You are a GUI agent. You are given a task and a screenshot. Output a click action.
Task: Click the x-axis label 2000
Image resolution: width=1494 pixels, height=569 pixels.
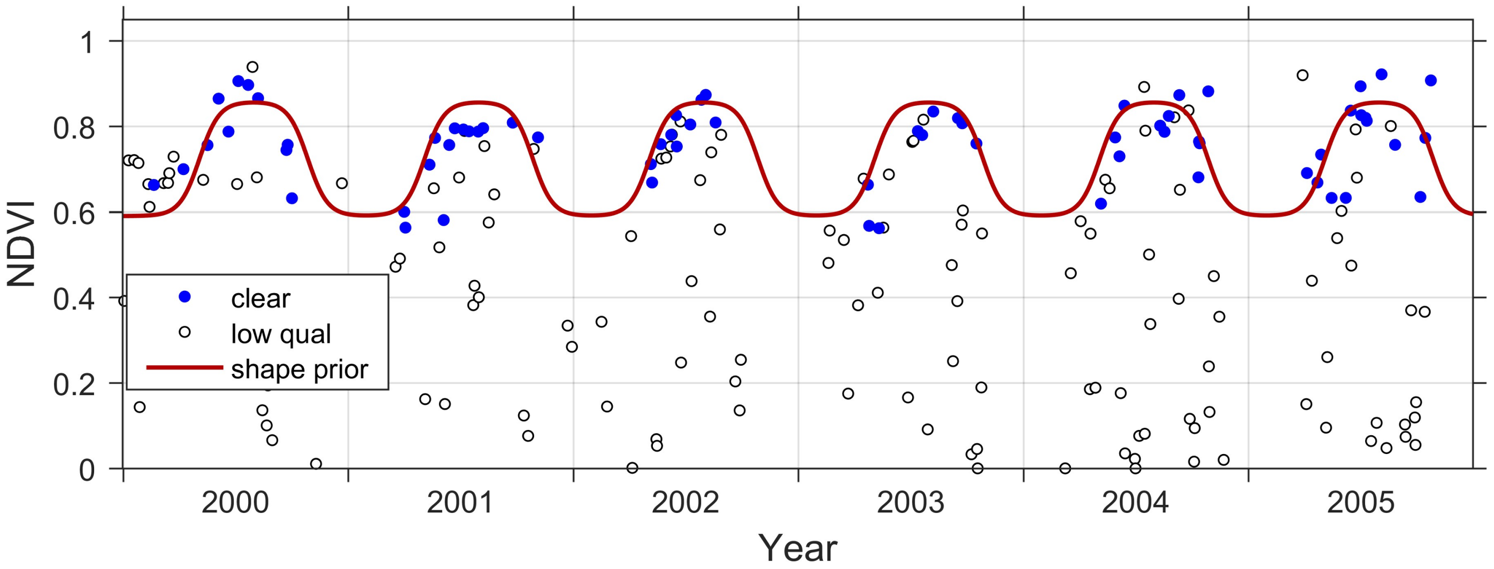(x=235, y=502)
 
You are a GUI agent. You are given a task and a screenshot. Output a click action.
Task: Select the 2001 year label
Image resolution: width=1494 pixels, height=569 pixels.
(x=460, y=502)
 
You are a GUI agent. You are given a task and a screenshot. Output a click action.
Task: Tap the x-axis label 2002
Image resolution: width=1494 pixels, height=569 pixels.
(x=685, y=502)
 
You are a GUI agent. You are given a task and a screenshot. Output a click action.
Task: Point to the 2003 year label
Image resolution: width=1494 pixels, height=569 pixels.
(x=910, y=502)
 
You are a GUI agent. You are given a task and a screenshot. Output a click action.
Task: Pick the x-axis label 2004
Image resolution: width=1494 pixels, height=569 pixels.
(x=1135, y=502)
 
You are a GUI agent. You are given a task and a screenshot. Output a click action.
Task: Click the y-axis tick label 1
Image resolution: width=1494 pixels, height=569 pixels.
(x=88, y=43)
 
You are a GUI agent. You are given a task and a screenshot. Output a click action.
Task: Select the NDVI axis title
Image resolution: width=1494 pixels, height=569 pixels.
(x=22, y=244)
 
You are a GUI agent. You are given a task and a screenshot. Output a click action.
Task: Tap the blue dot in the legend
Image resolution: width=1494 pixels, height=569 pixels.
(x=184, y=297)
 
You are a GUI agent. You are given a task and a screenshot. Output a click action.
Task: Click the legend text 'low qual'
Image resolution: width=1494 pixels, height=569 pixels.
(x=281, y=334)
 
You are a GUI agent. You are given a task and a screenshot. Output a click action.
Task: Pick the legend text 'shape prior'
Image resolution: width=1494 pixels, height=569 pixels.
(x=299, y=370)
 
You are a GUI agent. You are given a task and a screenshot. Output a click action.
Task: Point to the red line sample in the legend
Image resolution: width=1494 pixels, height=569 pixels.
(x=184, y=367)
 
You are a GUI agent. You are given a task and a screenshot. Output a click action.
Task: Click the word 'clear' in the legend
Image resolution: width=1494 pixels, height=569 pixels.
(x=260, y=299)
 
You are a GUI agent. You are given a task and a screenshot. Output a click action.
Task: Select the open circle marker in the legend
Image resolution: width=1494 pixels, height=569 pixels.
(x=184, y=332)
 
